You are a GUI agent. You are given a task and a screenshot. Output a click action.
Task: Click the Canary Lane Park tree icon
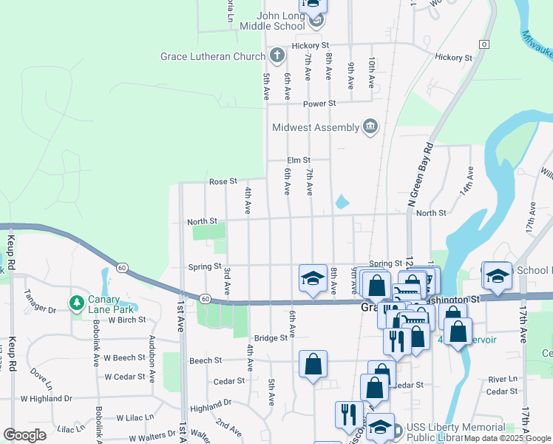click(76, 303)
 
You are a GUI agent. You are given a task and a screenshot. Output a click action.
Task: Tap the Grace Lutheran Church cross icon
click(276, 55)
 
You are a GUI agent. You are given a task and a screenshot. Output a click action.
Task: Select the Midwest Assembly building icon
click(370, 127)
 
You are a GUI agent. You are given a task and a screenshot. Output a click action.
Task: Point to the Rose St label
click(223, 181)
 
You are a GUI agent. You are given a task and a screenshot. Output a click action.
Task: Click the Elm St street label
click(299, 160)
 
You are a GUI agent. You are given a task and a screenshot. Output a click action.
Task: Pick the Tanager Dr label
click(41, 309)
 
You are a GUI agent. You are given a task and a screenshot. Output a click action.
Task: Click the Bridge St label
click(271, 338)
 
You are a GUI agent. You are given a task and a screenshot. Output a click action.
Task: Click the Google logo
click(25, 435)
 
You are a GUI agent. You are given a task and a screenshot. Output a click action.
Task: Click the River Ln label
click(503, 379)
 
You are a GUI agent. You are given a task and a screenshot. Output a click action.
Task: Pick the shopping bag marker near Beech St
click(313, 363)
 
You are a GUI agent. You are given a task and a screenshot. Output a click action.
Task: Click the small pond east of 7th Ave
click(342, 201)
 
